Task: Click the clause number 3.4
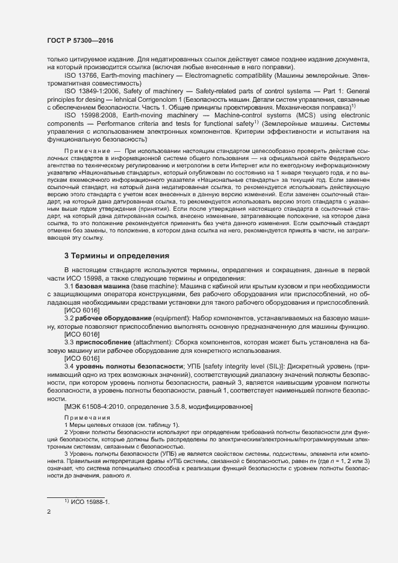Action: [69, 366]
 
